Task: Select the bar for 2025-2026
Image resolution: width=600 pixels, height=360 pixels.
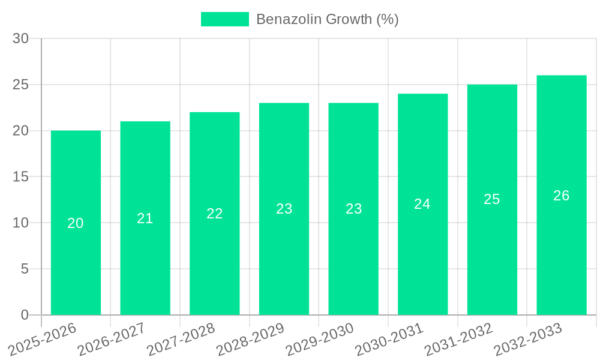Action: pos(76,223)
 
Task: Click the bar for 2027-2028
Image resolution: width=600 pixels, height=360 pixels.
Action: pos(215,214)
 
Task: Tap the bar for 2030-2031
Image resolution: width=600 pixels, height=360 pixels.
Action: pos(422,204)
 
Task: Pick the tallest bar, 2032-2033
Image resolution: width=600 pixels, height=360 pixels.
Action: pos(562,195)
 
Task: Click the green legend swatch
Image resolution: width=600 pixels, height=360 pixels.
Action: pos(224,19)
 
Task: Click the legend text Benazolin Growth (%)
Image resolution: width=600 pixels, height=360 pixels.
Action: pos(327,19)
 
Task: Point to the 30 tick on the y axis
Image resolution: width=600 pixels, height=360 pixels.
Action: pos(21,38)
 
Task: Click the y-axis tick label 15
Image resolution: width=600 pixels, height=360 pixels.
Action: pos(21,177)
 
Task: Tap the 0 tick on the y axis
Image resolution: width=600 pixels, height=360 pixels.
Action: pos(25,315)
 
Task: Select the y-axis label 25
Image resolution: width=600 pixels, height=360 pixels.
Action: pos(21,85)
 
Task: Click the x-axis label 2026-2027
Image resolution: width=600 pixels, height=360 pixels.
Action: pos(112,339)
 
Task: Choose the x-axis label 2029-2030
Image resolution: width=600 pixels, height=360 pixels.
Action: pos(320,339)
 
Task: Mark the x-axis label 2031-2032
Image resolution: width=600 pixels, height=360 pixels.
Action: pos(458,339)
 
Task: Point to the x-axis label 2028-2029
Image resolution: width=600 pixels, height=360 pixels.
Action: pos(250,339)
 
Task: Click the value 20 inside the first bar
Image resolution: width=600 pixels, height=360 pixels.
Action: pos(76,223)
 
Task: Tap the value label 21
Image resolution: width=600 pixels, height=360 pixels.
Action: pos(145,218)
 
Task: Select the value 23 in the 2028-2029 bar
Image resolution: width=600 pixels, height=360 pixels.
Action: pos(284,209)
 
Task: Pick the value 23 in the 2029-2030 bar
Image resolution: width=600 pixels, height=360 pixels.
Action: pos(354,209)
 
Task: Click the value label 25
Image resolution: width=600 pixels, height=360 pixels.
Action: pos(492,199)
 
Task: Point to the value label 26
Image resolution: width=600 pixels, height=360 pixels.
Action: pos(562,196)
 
